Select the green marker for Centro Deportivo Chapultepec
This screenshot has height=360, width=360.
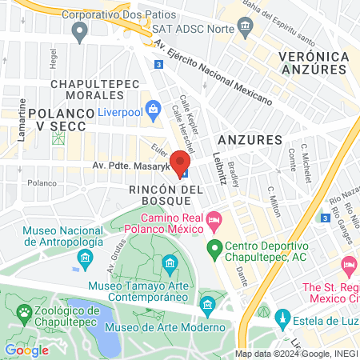[214, 248]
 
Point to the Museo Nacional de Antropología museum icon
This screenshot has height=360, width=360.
[85, 258]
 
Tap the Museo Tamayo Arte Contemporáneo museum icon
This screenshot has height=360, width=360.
[170, 263]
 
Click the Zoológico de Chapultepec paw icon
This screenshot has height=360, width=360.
[23, 311]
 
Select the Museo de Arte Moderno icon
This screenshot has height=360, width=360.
[209, 304]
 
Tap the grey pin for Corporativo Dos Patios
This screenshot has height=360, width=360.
[78, 32]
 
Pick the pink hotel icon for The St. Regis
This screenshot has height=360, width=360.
[349, 265]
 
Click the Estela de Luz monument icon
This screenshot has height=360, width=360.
[281, 318]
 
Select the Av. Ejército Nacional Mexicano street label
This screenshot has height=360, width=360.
[216, 74]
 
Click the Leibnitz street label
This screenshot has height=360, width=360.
[220, 168]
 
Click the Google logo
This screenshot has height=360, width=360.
[27, 350]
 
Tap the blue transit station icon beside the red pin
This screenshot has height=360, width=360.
[184, 172]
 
